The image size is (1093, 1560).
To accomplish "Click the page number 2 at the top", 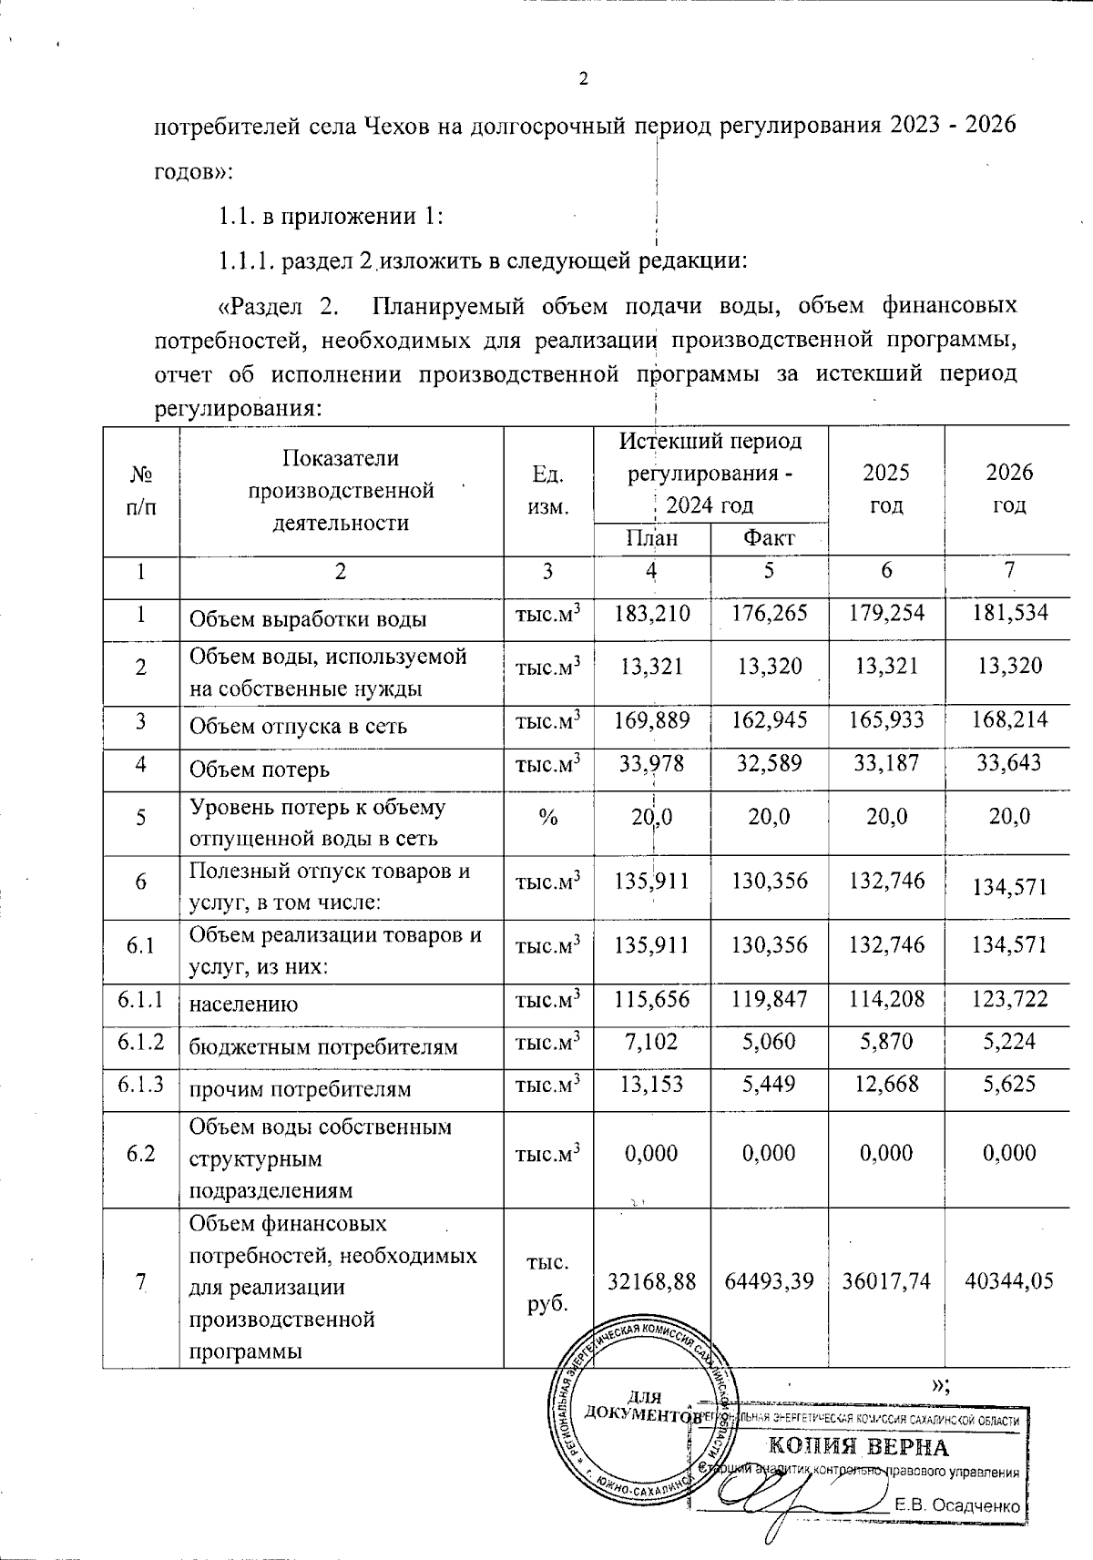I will (x=583, y=79).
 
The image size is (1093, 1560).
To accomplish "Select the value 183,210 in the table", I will (x=651, y=613).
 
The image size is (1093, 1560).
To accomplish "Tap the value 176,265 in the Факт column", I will (x=770, y=613).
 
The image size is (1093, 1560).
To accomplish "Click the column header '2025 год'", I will (x=886, y=488).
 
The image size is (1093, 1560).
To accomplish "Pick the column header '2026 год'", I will (x=1009, y=488).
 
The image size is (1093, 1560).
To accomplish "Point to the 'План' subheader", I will (x=651, y=537).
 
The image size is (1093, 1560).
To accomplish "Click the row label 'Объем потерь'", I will (x=259, y=770).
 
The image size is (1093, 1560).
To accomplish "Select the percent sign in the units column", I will (x=547, y=817).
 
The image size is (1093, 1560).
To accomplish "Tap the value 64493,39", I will (x=769, y=1281).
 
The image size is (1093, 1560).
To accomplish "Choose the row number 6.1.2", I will (x=140, y=1042).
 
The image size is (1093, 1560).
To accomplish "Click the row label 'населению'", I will (x=243, y=1004).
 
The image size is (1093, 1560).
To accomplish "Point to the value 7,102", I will (x=651, y=1042).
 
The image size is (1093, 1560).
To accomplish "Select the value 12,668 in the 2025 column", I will (x=886, y=1084).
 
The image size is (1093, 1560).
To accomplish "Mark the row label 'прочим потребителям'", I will (x=300, y=1089).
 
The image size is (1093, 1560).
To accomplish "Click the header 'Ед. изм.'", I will (x=547, y=490).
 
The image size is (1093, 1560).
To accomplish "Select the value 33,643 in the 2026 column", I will (x=1009, y=763).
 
